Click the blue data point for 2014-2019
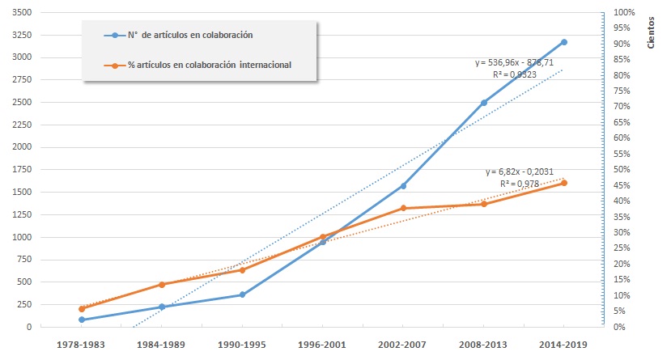coord(564,42)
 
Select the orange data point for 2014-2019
coord(564,183)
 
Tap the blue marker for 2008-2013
coord(484,103)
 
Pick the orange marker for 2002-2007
coord(403,209)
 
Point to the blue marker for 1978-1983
coord(82,320)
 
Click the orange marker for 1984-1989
coord(162,285)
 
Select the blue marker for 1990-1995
coord(243,294)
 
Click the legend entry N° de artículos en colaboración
coord(191,36)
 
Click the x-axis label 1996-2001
coord(323,344)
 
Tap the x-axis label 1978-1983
coord(82,344)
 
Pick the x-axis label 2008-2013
coord(484,344)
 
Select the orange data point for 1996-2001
coord(323,237)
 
